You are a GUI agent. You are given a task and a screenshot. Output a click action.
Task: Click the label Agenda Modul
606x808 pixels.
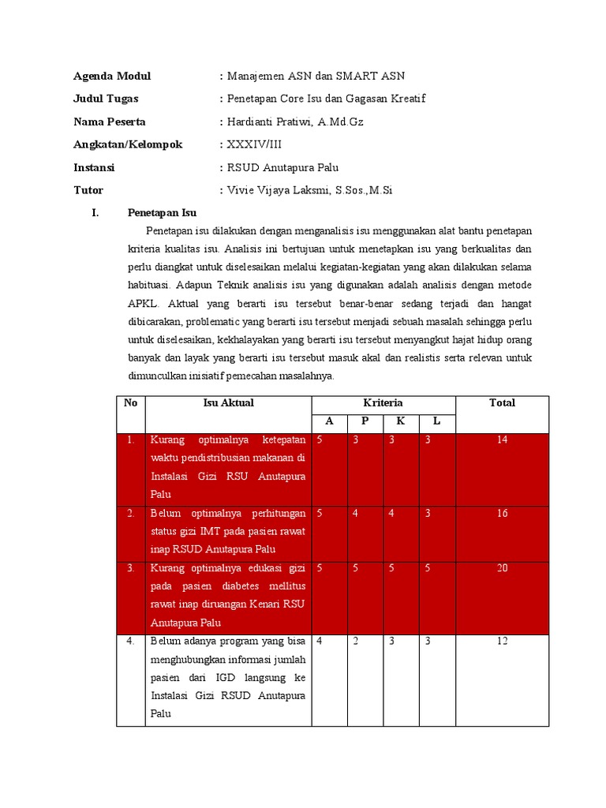point(112,77)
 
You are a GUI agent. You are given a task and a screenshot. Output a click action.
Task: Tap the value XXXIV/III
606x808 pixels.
point(254,144)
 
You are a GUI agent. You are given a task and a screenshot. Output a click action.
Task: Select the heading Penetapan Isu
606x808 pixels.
point(162,213)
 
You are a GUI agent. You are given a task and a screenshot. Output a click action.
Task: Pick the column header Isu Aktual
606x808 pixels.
point(228,403)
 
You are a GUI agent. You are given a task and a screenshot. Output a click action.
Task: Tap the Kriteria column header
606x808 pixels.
point(383,403)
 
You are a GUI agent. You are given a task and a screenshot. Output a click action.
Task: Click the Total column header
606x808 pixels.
point(502,403)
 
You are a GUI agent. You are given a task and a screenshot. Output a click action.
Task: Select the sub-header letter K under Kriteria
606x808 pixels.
point(401,422)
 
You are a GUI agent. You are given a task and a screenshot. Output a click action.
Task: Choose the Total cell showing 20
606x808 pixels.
point(502,568)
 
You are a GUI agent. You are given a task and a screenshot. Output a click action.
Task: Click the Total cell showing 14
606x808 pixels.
point(502,440)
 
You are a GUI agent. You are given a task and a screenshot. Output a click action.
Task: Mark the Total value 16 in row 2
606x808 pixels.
point(502,514)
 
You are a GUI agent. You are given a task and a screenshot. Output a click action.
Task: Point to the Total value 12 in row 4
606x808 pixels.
point(502,642)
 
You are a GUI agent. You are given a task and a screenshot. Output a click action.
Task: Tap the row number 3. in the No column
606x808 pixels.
point(130,568)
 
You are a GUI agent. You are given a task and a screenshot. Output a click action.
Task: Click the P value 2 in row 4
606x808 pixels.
point(356,642)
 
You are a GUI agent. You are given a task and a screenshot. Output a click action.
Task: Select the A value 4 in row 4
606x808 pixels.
point(319,642)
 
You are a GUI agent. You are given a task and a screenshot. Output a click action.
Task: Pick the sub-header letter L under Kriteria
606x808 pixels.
point(436,422)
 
